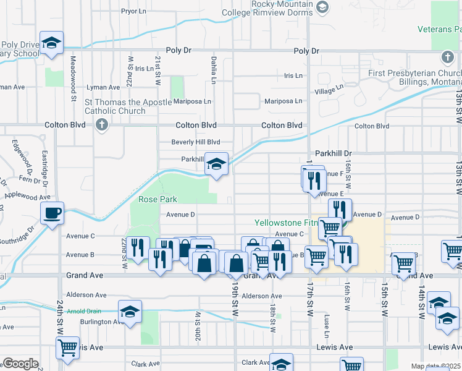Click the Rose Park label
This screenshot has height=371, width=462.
[x=157, y=199]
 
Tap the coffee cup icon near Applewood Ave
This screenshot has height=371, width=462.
[x=52, y=213]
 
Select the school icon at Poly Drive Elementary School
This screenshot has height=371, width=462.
[x=52, y=43]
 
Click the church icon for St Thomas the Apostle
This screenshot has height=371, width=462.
[x=102, y=125]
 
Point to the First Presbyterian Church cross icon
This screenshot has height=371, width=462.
[x=447, y=58]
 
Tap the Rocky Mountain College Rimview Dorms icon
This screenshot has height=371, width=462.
[x=321, y=7]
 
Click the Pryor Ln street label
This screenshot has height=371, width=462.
[x=133, y=11]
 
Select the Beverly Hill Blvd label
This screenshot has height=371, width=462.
[x=196, y=142]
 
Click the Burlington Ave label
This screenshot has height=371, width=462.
[x=102, y=322]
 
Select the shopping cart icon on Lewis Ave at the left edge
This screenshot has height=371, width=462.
[x=67, y=347]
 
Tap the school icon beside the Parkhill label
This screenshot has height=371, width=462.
[x=216, y=164]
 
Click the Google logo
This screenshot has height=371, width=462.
[x=20, y=364]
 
